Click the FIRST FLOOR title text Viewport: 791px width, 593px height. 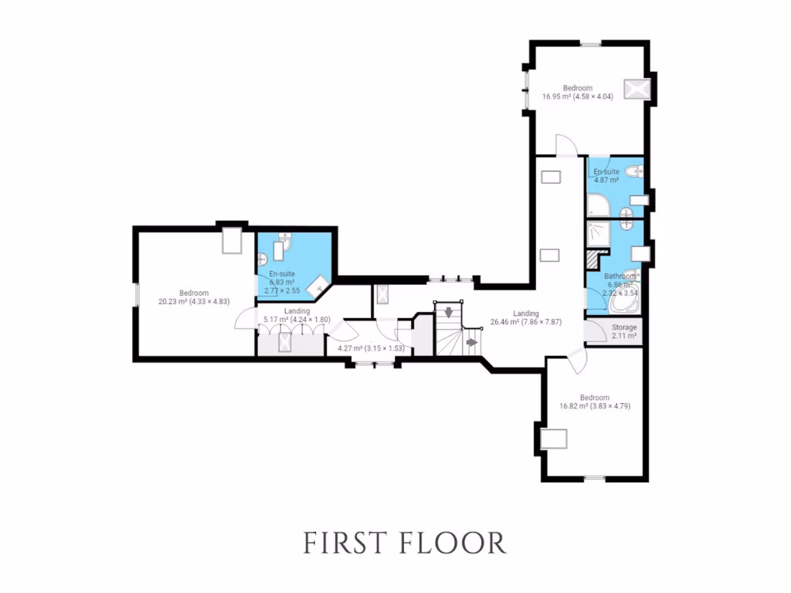(x=404, y=542)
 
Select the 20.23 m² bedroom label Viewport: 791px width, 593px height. (x=194, y=293)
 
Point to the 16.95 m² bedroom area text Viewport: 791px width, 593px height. (x=577, y=97)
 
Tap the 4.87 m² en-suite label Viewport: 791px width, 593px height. (x=605, y=180)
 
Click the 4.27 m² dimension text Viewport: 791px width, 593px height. (x=371, y=348)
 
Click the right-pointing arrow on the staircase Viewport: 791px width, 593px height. (x=470, y=340)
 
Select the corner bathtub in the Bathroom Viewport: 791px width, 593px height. (x=624, y=302)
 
